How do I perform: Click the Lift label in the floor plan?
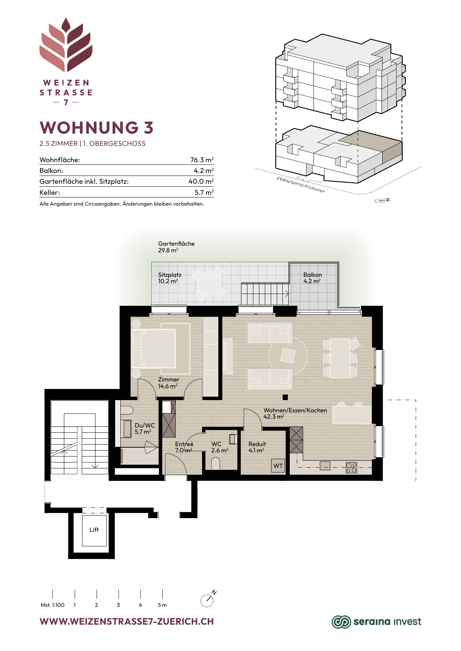pyautogui.click(x=94, y=530)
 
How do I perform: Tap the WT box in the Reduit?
pyautogui.click(x=278, y=466)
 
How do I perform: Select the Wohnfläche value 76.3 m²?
pyautogui.click(x=202, y=160)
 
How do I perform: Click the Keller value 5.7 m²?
pyautogui.click(x=204, y=192)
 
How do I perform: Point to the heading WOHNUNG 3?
pyautogui.click(x=97, y=127)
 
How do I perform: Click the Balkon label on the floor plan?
pyautogui.click(x=312, y=275)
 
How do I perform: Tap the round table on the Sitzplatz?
pyautogui.click(x=209, y=284)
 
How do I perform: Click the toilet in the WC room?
pyautogui.click(x=215, y=463)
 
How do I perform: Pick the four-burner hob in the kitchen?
pyautogui.click(x=351, y=467)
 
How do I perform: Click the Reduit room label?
pyautogui.click(x=257, y=444)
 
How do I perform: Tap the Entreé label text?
pyautogui.click(x=184, y=444)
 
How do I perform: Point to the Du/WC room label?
pyautogui.click(x=145, y=425)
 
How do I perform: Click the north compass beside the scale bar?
pyautogui.click(x=208, y=599)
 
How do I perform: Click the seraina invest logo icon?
pyautogui.click(x=341, y=622)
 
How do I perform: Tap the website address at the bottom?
pyautogui.click(x=127, y=622)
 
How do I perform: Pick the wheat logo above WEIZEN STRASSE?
pyautogui.click(x=66, y=45)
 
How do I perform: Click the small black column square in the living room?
pyautogui.click(x=285, y=397)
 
